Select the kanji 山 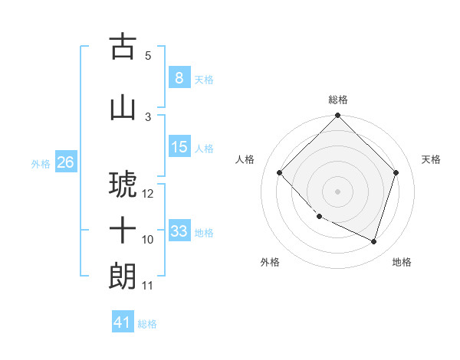pos(123,107)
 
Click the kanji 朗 pos(123,276)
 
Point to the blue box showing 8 pos(179,77)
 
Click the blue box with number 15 pos(179,147)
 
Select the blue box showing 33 pos(179,231)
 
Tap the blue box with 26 pos(65,162)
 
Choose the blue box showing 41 pos(123,322)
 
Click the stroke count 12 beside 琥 pos(149,194)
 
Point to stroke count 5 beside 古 pos(148,55)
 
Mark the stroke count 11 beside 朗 pos(148,286)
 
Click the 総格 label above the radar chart pos(338,100)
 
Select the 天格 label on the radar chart pos(432,159)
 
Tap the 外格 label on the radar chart pos(270,262)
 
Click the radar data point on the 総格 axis pos(337,116)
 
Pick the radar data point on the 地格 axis pos(374,241)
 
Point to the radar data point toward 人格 pos(280,172)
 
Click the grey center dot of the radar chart pos(337,191)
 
